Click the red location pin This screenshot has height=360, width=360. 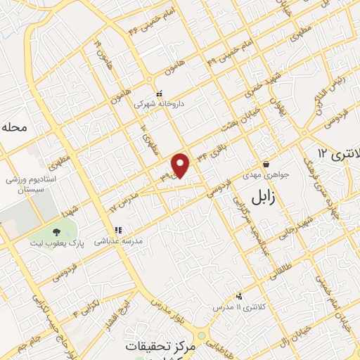(x=182, y=165)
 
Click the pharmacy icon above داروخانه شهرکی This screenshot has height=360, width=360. (x=160, y=92)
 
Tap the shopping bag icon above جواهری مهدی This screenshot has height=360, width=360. (x=265, y=164)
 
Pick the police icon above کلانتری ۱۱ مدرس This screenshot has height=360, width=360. (x=240, y=297)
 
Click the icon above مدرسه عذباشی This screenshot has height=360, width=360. (x=118, y=229)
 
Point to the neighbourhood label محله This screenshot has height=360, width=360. (x=14, y=127)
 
